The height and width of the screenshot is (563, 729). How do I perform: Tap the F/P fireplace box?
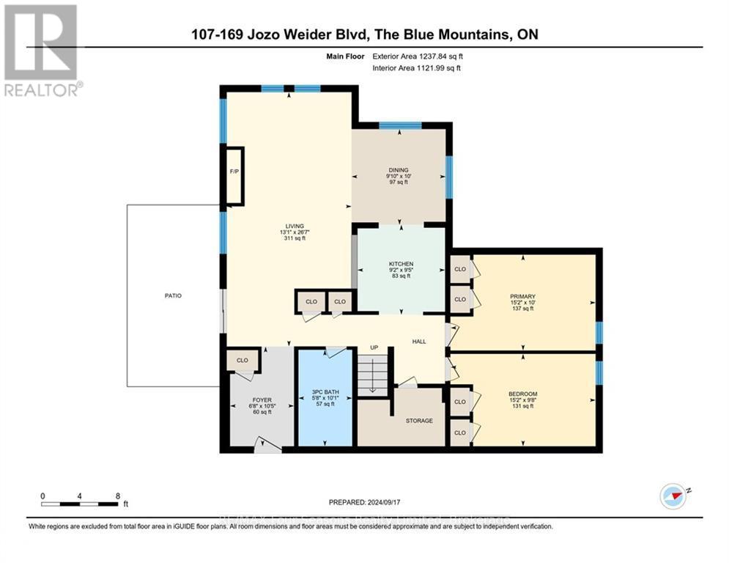(x=234, y=175)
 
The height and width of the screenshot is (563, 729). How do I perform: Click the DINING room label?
(x=399, y=170)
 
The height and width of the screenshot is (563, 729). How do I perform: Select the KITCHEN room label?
(x=401, y=264)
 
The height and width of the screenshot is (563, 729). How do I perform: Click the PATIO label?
(x=173, y=295)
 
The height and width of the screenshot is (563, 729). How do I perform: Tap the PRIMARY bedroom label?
(x=522, y=296)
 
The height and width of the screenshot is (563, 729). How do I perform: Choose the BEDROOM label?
(x=522, y=394)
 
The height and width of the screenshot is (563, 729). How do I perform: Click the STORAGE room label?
(x=419, y=420)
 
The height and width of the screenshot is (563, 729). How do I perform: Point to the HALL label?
(x=419, y=341)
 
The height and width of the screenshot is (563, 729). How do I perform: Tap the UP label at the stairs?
(x=373, y=347)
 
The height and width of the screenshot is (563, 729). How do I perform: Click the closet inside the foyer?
(x=241, y=361)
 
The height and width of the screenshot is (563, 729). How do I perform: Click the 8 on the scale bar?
(x=118, y=496)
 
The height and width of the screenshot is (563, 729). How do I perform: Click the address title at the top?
(x=364, y=34)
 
